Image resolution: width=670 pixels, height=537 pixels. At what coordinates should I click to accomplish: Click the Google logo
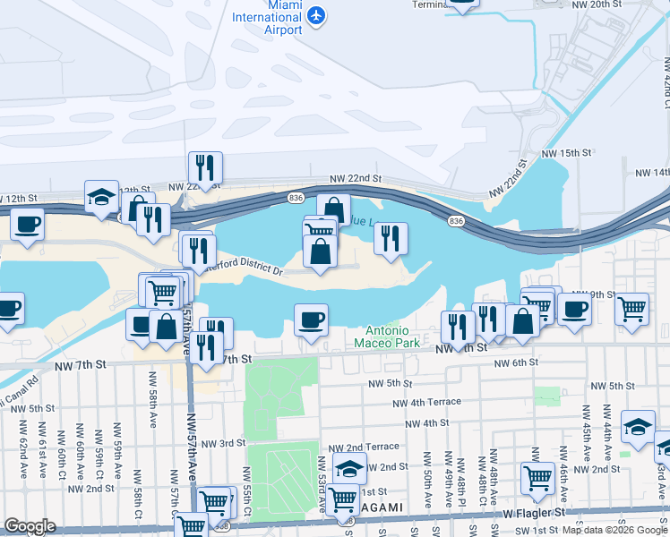30,526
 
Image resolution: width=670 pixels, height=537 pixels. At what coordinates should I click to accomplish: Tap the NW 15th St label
567,154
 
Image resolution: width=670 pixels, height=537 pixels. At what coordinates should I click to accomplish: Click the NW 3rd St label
223,443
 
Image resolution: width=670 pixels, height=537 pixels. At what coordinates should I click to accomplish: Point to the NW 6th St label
514,362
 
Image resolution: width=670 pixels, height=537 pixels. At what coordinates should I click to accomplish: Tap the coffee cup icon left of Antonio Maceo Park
311,320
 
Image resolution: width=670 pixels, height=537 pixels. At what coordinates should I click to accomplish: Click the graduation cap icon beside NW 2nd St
349,466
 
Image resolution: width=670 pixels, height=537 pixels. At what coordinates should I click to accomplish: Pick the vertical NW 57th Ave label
191,452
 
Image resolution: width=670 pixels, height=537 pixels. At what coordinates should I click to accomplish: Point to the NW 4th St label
426,423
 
